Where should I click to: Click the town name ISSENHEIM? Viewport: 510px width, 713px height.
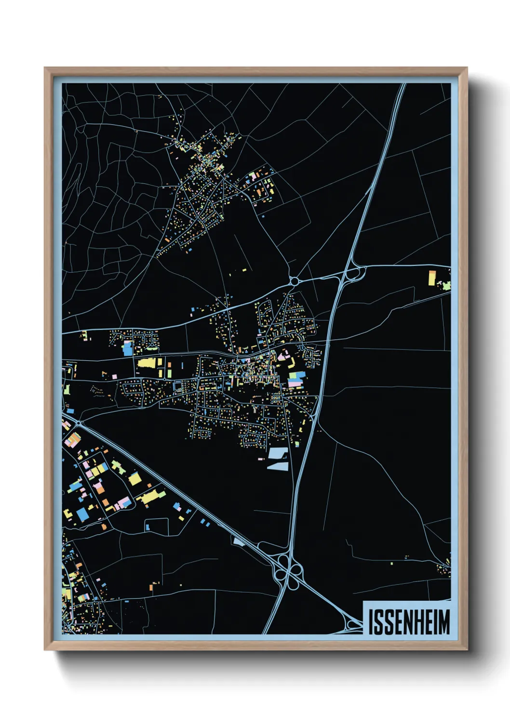click(409, 622)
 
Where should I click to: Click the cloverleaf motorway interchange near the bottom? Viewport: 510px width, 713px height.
click(288, 571)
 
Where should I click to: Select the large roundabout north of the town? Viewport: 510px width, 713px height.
click(294, 281)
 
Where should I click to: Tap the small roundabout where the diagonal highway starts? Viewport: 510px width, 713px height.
click(79, 424)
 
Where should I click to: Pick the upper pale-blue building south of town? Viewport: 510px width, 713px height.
click(278, 453)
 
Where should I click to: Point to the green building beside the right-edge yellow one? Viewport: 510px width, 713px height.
click(447, 285)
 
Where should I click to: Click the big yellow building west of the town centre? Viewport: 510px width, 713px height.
click(147, 363)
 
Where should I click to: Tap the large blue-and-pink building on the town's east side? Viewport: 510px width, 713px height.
click(296, 379)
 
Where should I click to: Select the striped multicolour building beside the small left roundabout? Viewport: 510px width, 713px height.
click(73, 439)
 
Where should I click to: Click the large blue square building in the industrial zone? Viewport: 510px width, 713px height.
click(82, 515)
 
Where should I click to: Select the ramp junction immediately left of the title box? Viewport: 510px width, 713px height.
click(353, 625)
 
